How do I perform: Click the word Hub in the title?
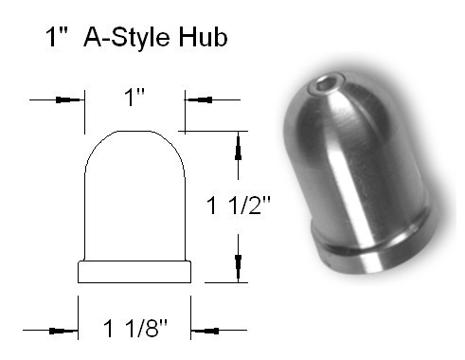click(203, 37)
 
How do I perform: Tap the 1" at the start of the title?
click(57, 37)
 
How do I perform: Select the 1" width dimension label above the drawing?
click(134, 97)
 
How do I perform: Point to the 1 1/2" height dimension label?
click(239, 206)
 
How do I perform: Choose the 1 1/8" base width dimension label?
click(135, 329)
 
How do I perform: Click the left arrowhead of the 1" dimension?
click(67, 100)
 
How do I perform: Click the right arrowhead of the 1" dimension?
click(200, 100)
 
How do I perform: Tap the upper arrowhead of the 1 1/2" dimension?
click(239, 148)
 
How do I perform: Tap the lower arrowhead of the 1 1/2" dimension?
click(239, 267)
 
